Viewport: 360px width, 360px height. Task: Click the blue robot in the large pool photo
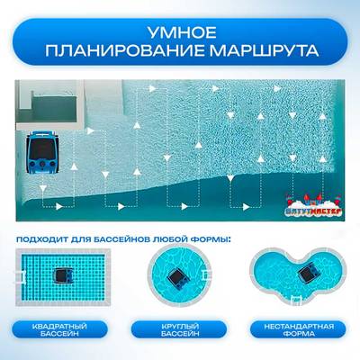pyautogui.click(x=41, y=151)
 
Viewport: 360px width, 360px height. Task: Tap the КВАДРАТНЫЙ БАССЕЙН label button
pyautogui.click(x=63, y=329)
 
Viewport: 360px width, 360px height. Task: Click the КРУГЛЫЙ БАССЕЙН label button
pyautogui.click(x=180, y=329)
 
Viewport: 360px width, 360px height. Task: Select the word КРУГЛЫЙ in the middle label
pyautogui.click(x=180, y=325)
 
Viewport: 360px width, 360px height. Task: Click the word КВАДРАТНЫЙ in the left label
pyautogui.click(x=63, y=325)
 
